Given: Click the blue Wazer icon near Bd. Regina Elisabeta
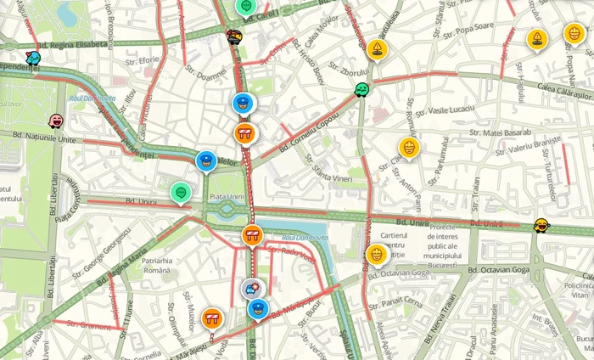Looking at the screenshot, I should coord(33,58).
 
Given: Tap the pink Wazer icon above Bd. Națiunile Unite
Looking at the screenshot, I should coord(56,121).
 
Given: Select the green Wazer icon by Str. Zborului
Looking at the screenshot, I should coord(362,89).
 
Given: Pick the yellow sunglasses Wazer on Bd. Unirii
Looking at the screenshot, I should coord(541,225).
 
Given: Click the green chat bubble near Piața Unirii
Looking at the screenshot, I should coord(180,193).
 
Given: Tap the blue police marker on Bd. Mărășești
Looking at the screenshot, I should coord(258,308).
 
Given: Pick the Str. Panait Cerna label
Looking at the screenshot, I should coord(401,301).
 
